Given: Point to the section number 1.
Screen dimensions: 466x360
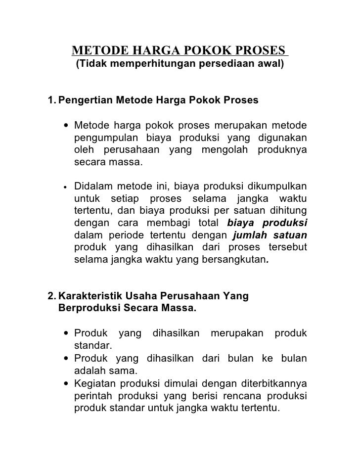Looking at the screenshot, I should point(51,100).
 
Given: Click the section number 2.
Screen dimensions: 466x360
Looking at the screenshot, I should point(50,296).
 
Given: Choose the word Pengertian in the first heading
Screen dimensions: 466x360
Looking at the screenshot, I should point(85,100).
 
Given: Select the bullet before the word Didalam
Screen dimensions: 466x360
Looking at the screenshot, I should point(65,187).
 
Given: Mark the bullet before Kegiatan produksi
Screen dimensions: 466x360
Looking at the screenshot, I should point(65,383).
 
